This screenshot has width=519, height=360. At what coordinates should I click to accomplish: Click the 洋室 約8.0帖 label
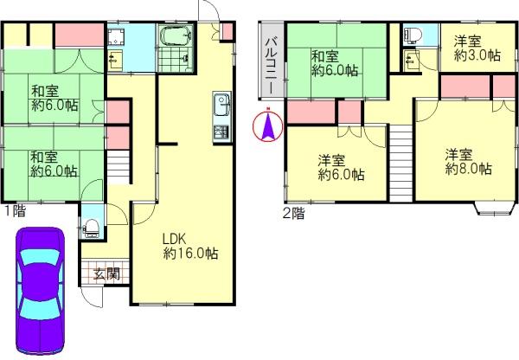point(469,162)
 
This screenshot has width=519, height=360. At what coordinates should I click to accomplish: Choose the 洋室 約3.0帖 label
point(477,48)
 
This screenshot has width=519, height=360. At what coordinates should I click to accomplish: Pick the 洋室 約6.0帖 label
point(340,167)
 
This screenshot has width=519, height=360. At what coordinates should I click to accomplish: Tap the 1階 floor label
point(13,209)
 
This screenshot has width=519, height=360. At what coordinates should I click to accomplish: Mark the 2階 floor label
point(292,212)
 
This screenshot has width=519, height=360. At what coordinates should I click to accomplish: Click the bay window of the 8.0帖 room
point(493,207)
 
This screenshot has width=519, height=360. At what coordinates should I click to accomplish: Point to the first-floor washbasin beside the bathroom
point(117,57)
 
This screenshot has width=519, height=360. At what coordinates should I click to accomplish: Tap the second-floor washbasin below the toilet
point(409,58)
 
